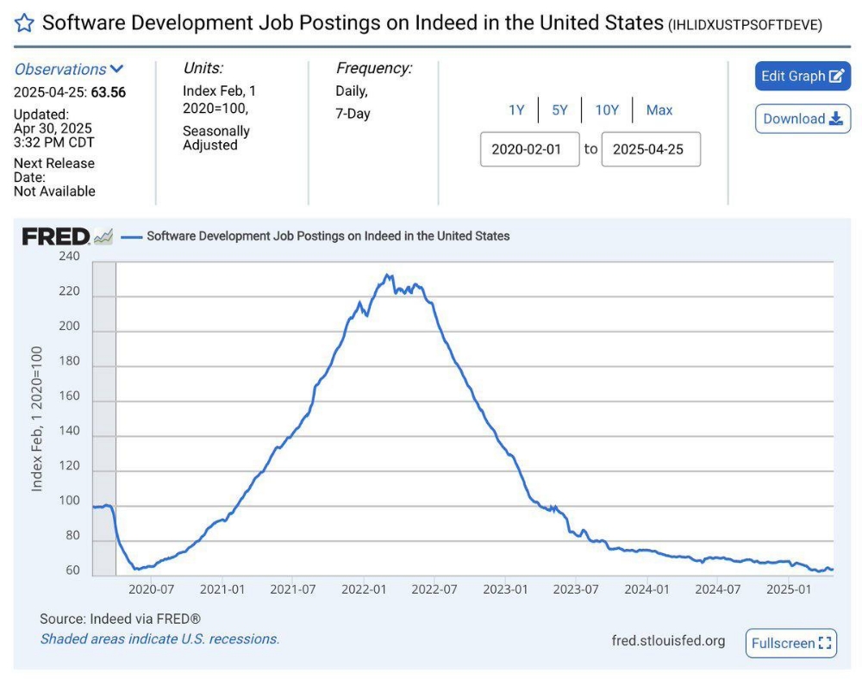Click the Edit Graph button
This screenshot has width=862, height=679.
(803, 76)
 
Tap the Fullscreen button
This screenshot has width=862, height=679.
(790, 643)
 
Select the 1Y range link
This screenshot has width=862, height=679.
(516, 109)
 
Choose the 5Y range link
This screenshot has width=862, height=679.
(559, 109)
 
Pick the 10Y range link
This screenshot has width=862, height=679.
(607, 109)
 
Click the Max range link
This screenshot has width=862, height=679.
(659, 109)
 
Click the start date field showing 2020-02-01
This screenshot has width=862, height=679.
(529, 149)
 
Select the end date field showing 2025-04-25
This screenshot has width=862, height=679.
(650, 149)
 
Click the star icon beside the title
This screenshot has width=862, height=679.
(24, 23)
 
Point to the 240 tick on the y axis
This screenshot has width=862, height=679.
(69, 256)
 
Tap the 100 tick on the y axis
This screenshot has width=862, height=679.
(69, 501)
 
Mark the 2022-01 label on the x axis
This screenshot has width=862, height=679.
(363, 589)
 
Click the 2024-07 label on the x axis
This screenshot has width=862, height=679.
(718, 589)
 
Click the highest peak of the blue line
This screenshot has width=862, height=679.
(388, 276)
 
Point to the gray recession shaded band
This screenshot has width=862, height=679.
(103, 414)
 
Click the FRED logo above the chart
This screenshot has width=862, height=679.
(56, 236)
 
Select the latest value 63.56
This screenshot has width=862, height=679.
(108, 92)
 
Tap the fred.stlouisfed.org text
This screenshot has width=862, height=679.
(668, 640)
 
